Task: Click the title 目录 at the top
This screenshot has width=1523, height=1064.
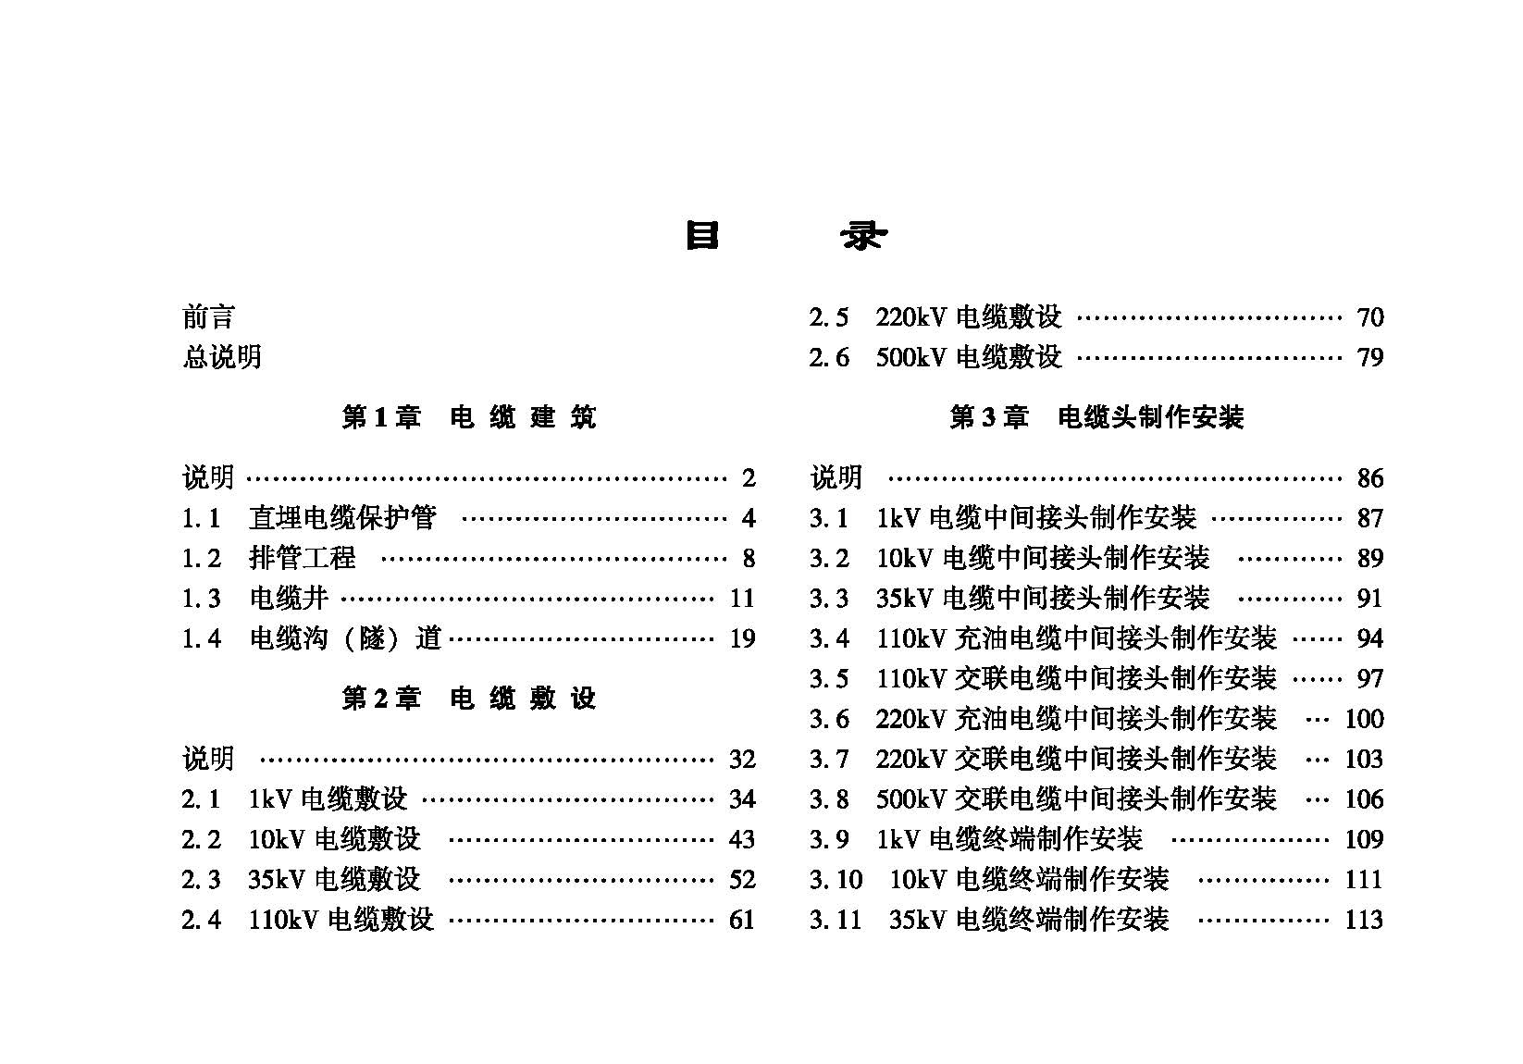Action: click(786, 237)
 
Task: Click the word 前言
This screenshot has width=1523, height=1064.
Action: click(208, 317)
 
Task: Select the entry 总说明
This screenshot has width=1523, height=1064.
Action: click(222, 357)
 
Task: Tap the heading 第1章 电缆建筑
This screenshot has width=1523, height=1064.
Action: click(468, 417)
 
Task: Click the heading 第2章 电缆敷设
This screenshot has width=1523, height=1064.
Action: click(468, 699)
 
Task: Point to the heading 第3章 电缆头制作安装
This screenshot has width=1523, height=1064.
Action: click(1096, 417)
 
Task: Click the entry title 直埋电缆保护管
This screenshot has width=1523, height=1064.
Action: click(342, 518)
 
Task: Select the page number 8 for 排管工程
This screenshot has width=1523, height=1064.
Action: click(749, 558)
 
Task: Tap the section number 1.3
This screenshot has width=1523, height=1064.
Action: click(201, 599)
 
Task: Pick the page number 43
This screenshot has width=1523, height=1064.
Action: click(742, 839)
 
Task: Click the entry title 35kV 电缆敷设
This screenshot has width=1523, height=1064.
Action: click(334, 879)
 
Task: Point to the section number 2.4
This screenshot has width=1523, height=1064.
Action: click(201, 920)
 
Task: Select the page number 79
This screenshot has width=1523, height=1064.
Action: click(1369, 357)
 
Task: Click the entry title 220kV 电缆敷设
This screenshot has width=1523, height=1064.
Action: click(969, 317)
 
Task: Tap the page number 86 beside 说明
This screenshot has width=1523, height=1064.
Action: click(1369, 478)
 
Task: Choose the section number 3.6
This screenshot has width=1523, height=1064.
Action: click(829, 719)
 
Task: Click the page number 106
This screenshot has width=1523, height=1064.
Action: click(1363, 799)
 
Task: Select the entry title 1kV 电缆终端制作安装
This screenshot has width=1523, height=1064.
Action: click(1009, 839)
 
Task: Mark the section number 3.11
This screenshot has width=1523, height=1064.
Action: click(836, 920)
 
